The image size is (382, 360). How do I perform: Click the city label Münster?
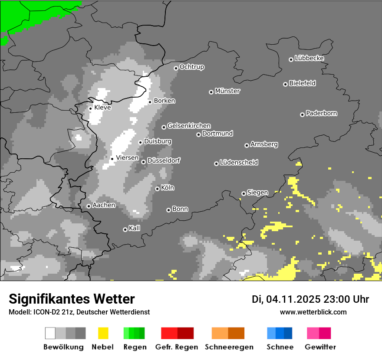click(227, 91)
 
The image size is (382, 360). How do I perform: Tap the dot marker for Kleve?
click(90, 108)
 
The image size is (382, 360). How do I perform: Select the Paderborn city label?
click(321, 114)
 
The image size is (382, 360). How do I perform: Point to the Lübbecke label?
click(309, 58)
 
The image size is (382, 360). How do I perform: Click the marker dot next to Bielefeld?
click(286, 84)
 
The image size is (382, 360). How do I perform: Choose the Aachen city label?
click(104, 205)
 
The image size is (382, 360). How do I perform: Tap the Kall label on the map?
click(135, 228)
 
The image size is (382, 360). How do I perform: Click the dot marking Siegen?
click(244, 193)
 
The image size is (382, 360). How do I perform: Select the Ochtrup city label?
click(192, 67)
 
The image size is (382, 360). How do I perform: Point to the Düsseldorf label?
click(164, 160)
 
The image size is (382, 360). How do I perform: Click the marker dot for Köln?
click(157, 189)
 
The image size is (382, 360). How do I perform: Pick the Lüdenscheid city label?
click(239, 163)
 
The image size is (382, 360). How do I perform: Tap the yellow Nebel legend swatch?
click(103, 333)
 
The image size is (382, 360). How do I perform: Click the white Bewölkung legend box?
click(50, 333)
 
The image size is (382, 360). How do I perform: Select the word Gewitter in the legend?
click(320, 347)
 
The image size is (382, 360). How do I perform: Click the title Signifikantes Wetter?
click(72, 299)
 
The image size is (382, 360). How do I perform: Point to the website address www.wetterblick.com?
click(313, 312)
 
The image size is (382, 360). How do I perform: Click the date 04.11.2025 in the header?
click(293, 299)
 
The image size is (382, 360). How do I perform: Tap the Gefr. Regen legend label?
click(176, 347)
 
